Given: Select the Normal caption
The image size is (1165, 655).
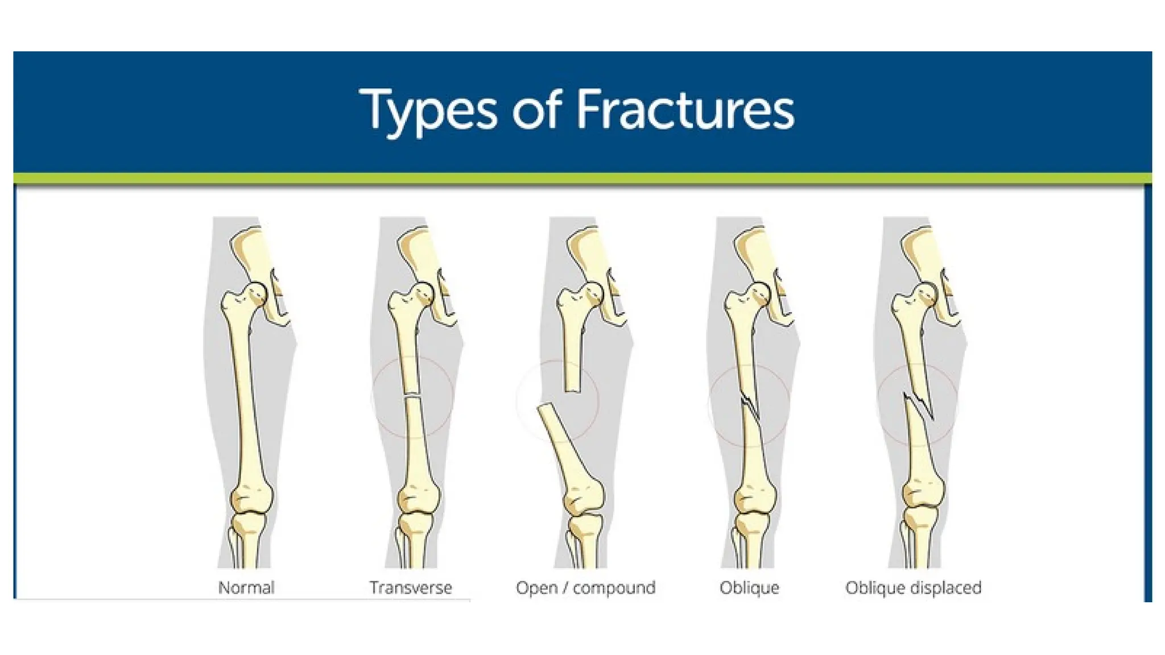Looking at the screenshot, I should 246,587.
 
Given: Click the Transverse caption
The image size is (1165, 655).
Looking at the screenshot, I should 411,587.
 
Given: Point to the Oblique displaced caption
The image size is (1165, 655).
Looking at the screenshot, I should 913,587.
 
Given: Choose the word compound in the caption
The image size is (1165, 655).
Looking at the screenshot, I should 614,587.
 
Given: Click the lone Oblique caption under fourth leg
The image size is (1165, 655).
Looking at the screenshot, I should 749,587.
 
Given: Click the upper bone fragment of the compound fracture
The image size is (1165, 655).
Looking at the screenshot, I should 573,353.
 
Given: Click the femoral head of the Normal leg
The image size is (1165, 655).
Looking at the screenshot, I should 257,292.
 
